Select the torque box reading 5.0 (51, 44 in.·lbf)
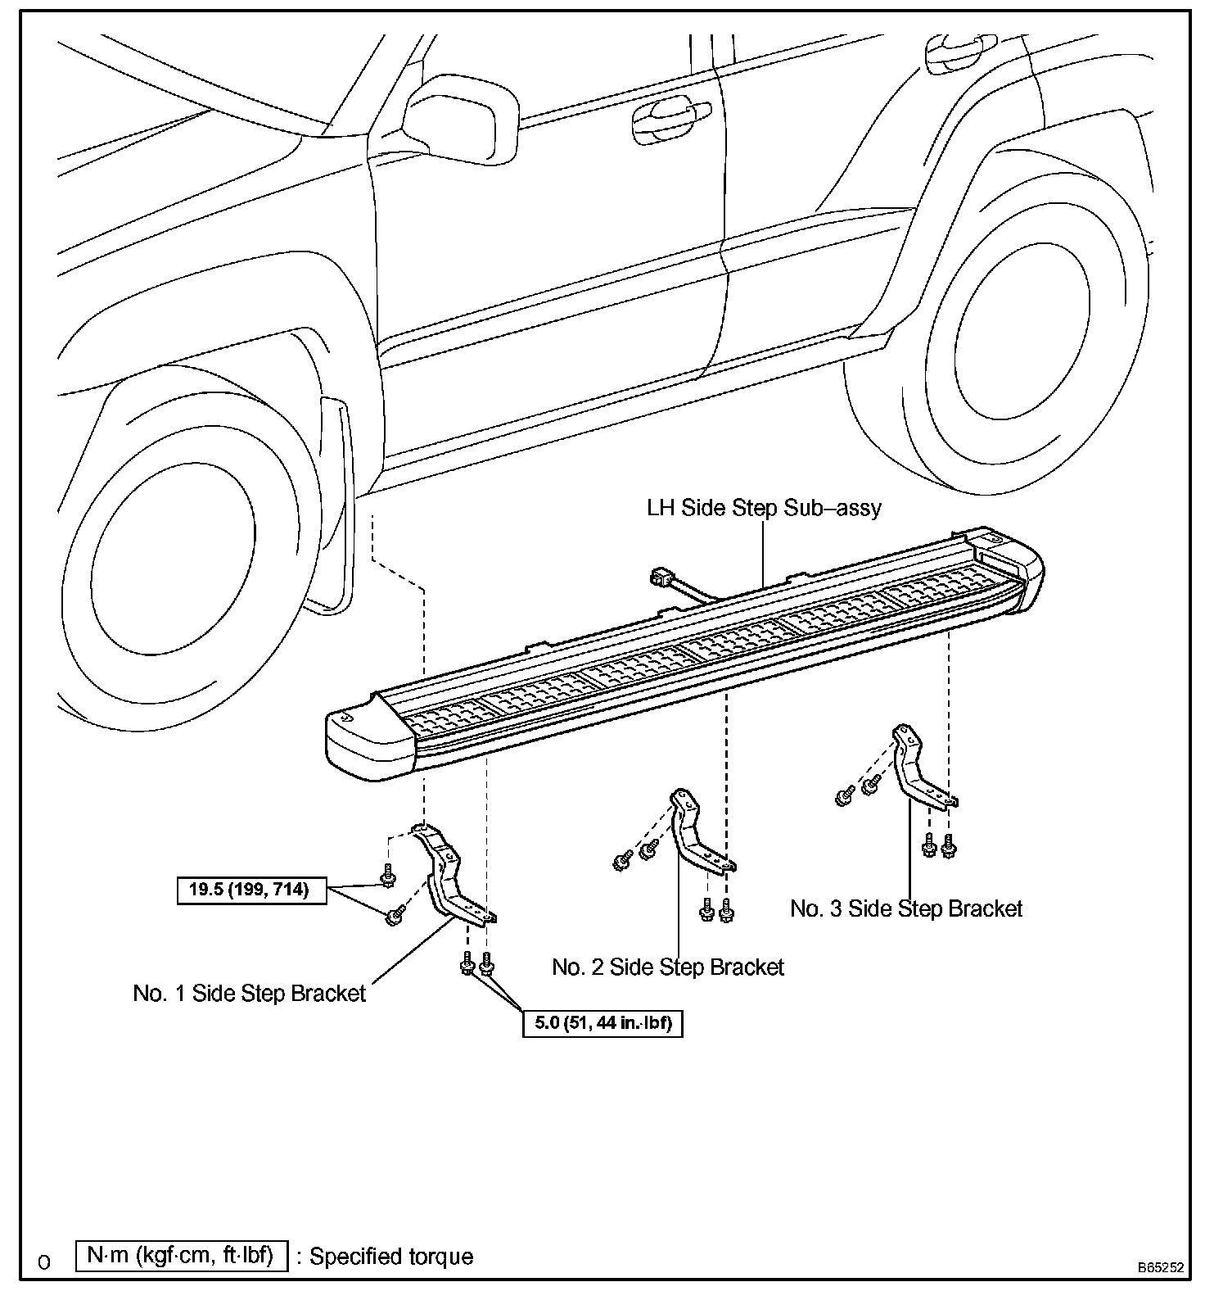[602, 1023]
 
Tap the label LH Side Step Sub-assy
[764, 508]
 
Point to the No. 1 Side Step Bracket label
[249, 994]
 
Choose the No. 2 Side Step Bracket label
[668, 967]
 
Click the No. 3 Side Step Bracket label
[906, 908]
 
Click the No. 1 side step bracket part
[449, 877]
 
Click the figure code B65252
[1160, 1266]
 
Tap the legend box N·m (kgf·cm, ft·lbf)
[181, 1256]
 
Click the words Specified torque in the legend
[391, 1257]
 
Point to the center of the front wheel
[176, 573]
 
